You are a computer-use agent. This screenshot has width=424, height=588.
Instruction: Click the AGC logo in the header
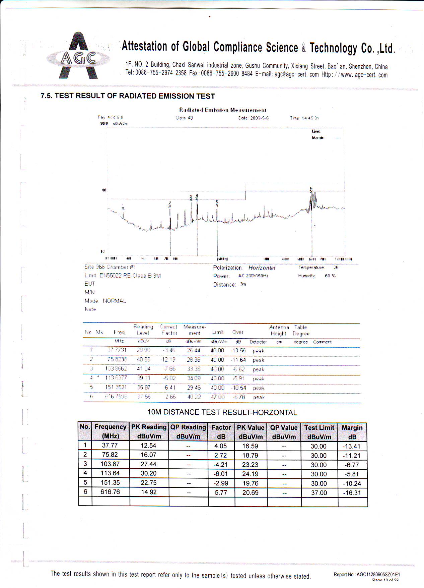[x=78, y=56]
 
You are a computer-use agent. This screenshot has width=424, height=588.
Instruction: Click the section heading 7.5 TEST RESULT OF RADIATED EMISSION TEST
[x=128, y=96]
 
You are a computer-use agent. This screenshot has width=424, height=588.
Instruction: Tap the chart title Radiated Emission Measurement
[x=223, y=110]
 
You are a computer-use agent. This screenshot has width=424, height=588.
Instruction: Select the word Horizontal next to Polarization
[x=262, y=268]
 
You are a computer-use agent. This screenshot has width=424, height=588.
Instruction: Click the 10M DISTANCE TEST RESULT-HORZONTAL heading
[x=222, y=412]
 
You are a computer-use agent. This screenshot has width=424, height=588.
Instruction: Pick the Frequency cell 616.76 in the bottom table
[x=110, y=492]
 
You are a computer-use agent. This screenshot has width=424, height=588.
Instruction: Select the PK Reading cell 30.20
[x=148, y=473]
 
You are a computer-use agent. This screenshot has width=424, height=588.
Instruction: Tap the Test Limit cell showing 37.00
[x=319, y=493]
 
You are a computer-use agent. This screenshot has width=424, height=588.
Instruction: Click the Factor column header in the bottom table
[x=221, y=432]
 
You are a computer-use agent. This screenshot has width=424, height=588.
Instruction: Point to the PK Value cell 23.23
[x=250, y=465]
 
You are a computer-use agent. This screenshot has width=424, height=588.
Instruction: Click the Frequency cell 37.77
[x=110, y=446]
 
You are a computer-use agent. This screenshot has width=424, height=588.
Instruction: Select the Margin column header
[x=352, y=432]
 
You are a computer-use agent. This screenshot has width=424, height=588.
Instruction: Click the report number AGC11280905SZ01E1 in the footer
[x=378, y=575]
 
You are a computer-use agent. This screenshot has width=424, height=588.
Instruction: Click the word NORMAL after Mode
[x=114, y=301]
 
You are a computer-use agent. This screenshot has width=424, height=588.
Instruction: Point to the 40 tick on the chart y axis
[x=104, y=190]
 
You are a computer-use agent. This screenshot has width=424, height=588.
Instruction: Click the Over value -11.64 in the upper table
[x=238, y=360]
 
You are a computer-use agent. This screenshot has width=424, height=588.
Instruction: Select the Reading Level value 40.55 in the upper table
[x=143, y=360]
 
